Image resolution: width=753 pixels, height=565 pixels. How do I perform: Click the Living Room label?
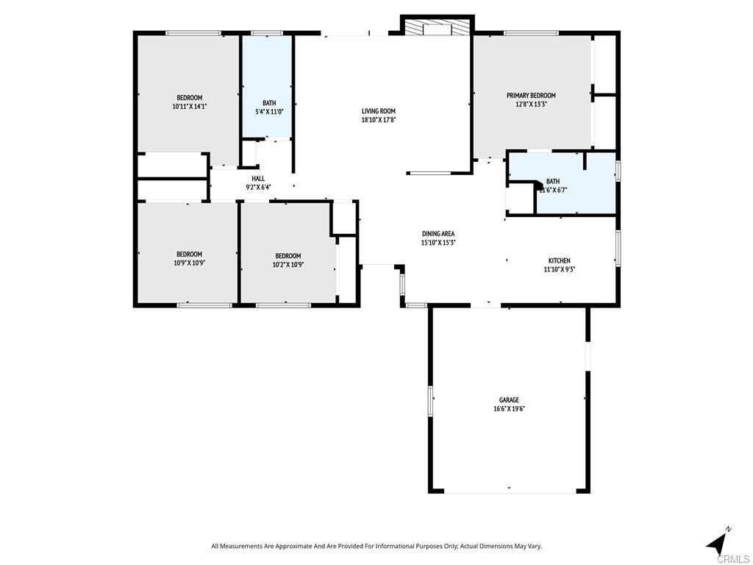tap(378, 111)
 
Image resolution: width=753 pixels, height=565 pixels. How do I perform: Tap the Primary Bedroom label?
tap(530, 96)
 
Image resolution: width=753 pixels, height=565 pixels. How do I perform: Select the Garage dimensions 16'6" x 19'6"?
tap(509, 409)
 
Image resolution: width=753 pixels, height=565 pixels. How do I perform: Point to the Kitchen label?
tap(559, 260)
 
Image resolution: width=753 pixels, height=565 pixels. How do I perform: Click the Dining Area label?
tap(438, 234)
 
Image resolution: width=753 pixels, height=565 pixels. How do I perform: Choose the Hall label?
tap(258, 179)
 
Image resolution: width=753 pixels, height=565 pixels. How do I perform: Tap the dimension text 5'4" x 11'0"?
tap(269, 112)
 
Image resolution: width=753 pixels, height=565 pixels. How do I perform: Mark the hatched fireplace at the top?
tap(437, 29)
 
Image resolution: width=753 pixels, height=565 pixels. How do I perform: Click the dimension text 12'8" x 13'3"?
tap(530, 104)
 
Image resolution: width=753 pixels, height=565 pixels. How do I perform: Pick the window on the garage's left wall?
tap(432, 401)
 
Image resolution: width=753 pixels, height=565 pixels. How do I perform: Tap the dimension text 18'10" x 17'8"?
tap(378, 120)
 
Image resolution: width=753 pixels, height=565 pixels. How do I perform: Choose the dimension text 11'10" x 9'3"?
tap(559, 269)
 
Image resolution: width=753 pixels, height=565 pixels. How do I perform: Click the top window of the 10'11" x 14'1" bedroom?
tap(193, 33)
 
